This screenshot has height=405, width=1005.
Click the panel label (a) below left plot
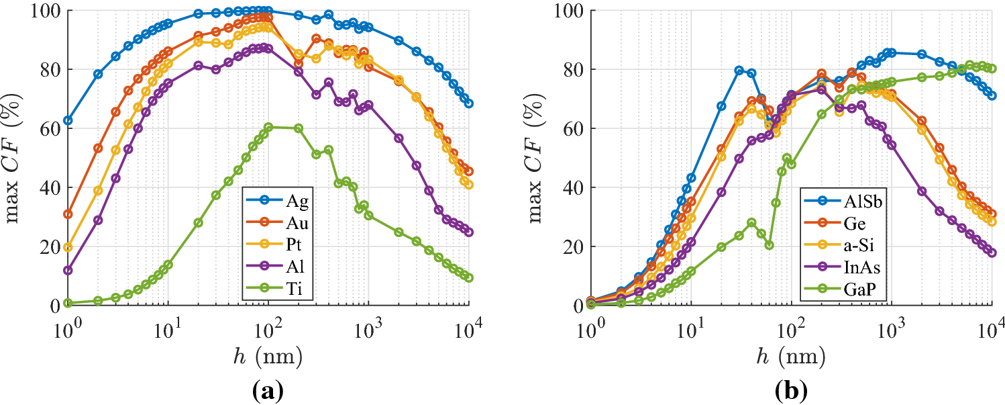pos(268,390)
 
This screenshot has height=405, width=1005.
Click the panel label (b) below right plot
pos(792,390)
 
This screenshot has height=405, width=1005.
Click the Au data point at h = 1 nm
pos(68,214)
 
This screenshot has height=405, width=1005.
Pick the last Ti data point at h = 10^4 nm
pos(468,277)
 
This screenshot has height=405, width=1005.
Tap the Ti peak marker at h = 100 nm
pos(268,127)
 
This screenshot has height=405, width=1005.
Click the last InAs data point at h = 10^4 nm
pos(992,253)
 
